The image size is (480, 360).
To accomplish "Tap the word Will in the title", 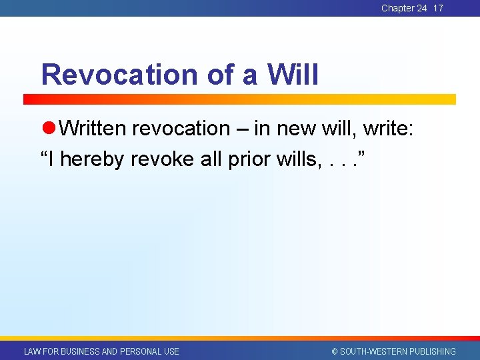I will (293, 75).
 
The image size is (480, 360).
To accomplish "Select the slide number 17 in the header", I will (438, 8).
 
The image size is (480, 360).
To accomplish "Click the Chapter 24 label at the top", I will (404, 8).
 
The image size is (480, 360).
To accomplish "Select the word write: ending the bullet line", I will (388, 128).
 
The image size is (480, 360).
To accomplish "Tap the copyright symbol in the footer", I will (335, 351).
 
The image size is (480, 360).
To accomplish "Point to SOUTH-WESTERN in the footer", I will (373, 351).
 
